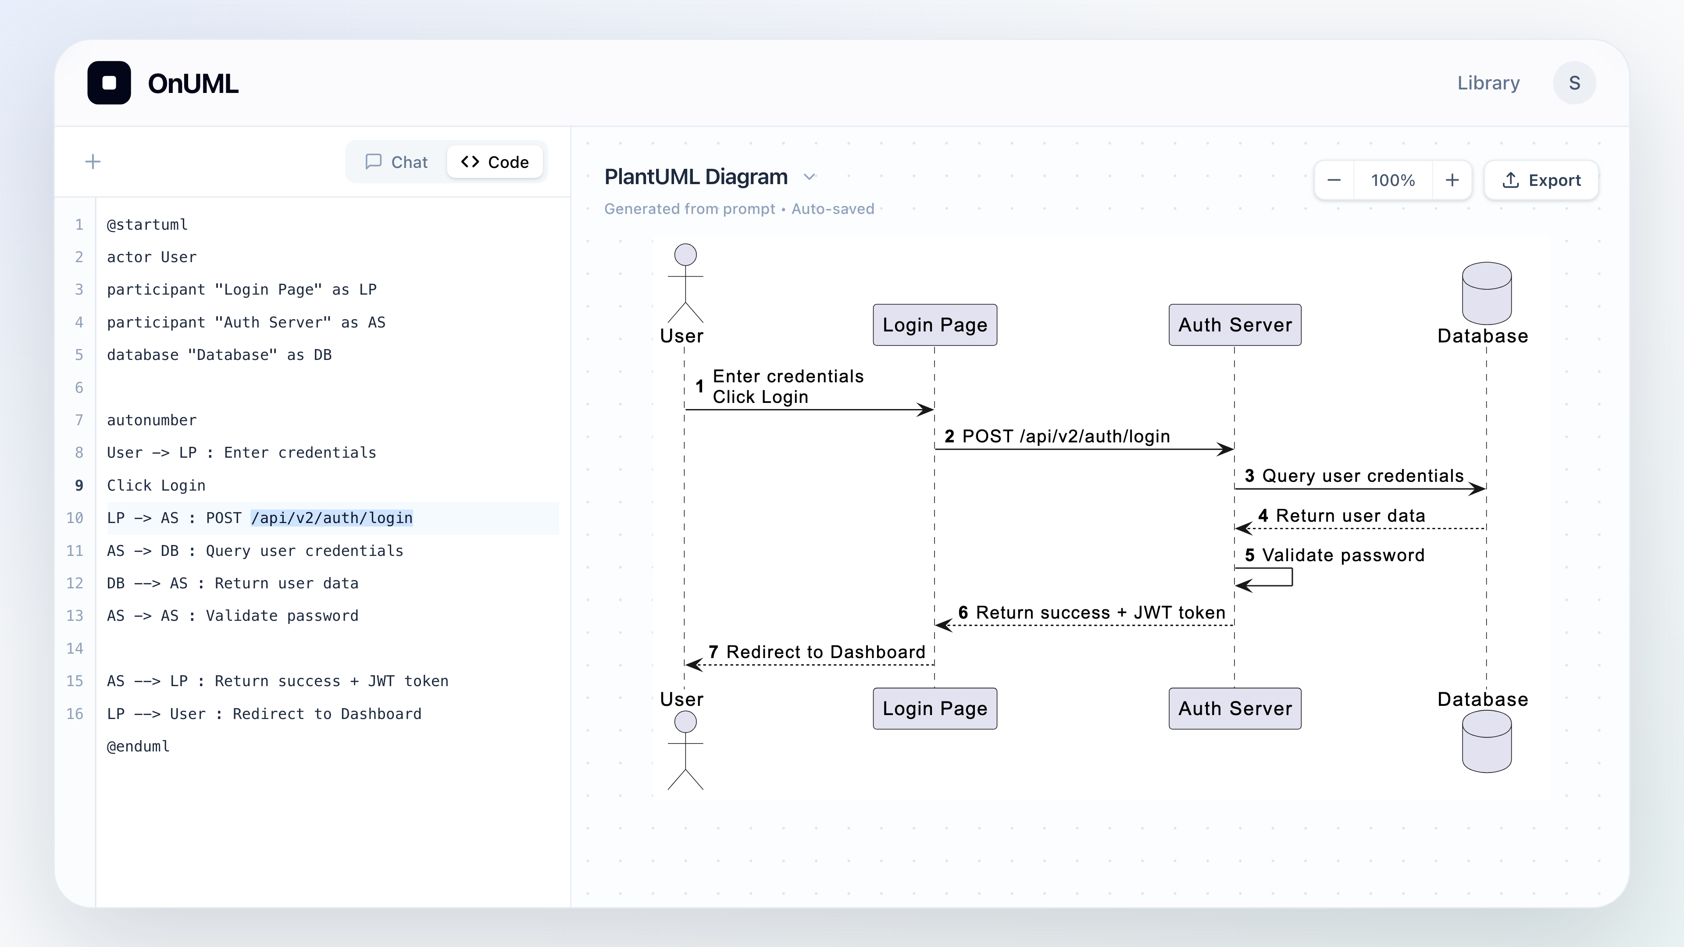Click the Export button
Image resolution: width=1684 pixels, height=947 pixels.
point(1541,180)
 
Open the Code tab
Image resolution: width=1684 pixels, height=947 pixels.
point(495,162)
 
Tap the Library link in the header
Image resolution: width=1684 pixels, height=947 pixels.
point(1488,83)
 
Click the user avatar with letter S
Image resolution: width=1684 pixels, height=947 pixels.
point(1574,83)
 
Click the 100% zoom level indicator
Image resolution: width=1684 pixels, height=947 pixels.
point(1392,180)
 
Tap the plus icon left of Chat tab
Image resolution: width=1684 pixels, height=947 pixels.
point(93,161)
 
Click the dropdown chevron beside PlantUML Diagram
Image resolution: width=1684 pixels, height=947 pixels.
point(809,177)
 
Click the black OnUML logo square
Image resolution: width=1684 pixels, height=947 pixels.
point(109,83)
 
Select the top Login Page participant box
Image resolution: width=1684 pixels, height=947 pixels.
point(935,325)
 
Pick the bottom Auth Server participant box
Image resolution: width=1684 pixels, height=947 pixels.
point(1235,708)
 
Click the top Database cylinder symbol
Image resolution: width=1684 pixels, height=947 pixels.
point(1487,293)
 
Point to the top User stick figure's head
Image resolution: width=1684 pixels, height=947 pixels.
point(685,255)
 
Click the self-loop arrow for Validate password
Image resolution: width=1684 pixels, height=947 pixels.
point(1292,577)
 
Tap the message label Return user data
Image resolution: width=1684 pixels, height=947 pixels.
point(1351,516)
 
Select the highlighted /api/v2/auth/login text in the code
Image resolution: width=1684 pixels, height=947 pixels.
point(332,518)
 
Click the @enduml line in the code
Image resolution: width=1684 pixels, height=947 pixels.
point(139,746)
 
